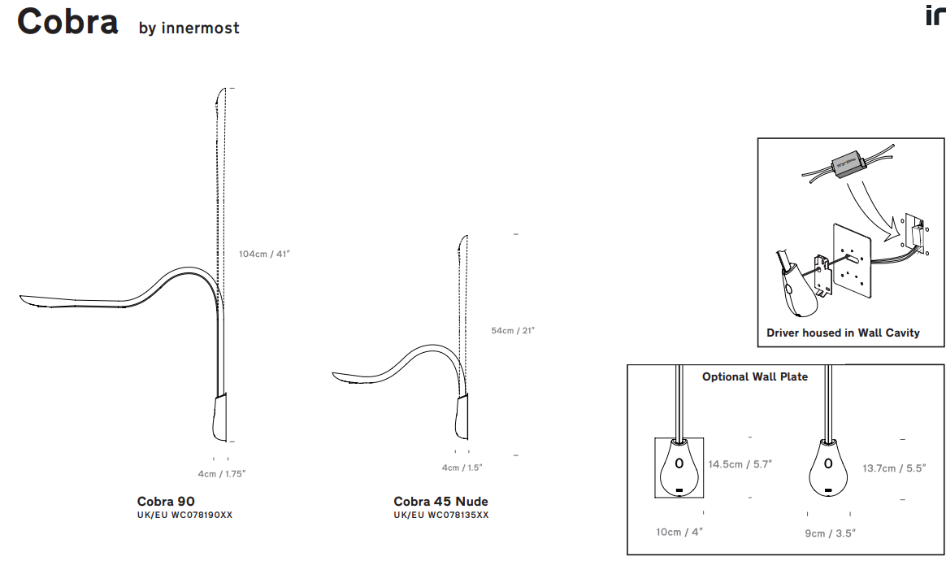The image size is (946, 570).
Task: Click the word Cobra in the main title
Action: pyautogui.click(x=67, y=22)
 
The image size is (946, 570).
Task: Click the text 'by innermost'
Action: pyautogui.click(x=189, y=28)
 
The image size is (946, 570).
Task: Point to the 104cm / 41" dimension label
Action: pyautogui.click(x=264, y=255)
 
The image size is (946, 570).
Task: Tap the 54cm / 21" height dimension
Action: pyautogui.click(x=513, y=331)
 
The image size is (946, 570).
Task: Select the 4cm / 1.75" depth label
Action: pyautogui.click(x=221, y=474)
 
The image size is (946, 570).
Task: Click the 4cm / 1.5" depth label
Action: pyautogui.click(x=462, y=468)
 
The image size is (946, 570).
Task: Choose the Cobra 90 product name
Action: pyautogui.click(x=166, y=501)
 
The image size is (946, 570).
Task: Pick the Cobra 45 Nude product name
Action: pyautogui.click(x=441, y=501)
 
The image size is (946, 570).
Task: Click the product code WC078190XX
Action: pyautogui.click(x=202, y=515)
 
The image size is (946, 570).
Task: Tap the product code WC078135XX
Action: pyautogui.click(x=458, y=515)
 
